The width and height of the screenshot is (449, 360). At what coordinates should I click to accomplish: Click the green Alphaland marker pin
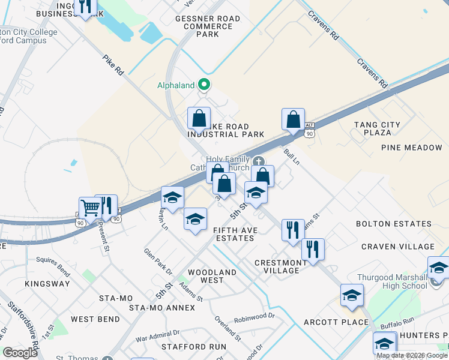pos(204,85)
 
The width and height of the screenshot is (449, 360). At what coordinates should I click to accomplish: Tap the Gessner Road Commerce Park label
pos(208,26)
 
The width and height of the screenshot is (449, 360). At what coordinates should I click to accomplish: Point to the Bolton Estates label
pos(394,224)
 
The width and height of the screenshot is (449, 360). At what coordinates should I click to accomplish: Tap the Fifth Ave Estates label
pos(234,234)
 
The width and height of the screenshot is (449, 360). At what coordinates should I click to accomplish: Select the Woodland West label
pos(212,276)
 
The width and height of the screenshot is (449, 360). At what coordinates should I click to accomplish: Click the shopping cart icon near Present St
pos(90,208)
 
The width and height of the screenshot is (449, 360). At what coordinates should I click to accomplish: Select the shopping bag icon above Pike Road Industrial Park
pos(199,118)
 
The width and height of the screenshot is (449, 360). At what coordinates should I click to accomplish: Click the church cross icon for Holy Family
pos(259,161)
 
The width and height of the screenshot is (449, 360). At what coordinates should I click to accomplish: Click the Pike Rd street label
pos(113,65)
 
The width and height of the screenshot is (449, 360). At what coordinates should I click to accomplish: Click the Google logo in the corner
pos(20,353)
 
